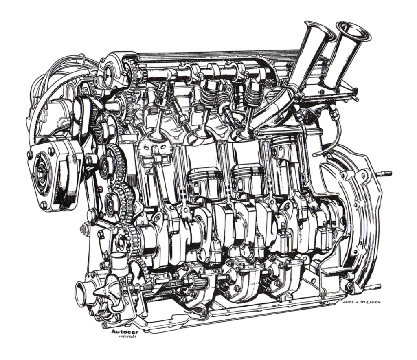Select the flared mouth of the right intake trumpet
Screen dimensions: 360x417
coord(353,31)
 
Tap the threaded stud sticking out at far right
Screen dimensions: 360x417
coord(384,173)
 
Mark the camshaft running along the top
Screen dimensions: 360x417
coord(195,75)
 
